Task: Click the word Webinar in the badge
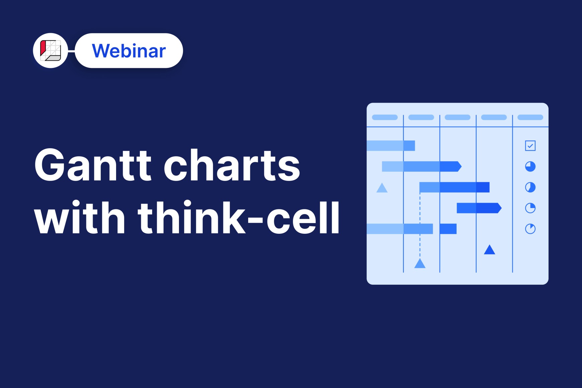point(129,51)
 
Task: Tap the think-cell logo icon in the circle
point(51,51)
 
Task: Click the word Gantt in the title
point(93,165)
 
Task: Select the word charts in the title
point(232,165)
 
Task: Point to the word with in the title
point(80,217)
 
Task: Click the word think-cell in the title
point(239,217)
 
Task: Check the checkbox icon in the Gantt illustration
point(530,146)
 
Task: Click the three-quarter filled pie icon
point(530,167)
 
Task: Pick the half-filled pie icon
point(530,187)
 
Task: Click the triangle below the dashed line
point(420,264)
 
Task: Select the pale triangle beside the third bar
point(382,188)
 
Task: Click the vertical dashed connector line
point(420,225)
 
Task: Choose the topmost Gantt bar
point(391,146)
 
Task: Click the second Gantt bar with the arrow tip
point(422,167)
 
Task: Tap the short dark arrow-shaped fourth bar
point(479,208)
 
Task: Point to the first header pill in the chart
point(385,117)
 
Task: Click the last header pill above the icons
point(530,117)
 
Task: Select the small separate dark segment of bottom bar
point(448,229)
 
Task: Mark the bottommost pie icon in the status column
point(530,229)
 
